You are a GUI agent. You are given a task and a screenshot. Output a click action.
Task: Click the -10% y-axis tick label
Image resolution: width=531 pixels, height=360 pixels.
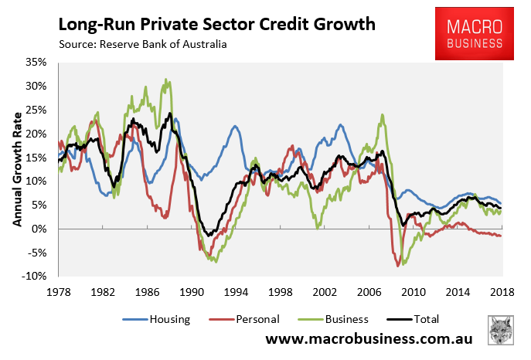click(36, 277)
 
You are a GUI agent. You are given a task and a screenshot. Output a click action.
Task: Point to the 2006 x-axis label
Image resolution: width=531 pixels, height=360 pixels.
click(369, 291)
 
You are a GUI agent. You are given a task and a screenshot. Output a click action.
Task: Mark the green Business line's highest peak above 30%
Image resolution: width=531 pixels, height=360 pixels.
click(165, 79)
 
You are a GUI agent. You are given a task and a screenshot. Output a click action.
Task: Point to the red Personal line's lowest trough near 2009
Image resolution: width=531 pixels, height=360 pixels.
click(398, 266)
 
